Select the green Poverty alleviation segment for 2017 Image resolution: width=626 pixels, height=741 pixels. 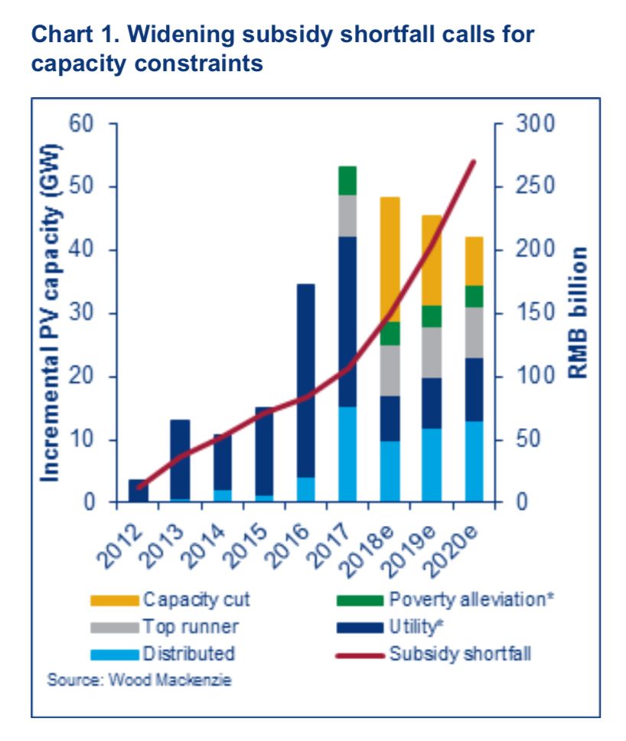347,181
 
